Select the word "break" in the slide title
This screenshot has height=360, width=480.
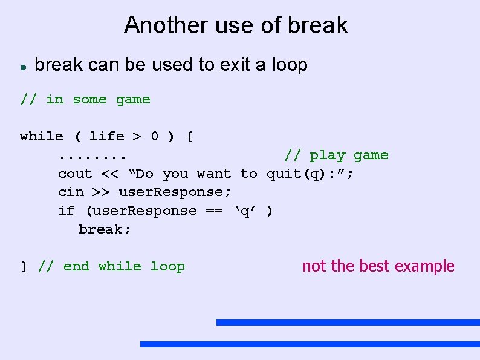(x=318, y=25)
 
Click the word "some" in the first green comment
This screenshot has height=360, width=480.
(x=89, y=100)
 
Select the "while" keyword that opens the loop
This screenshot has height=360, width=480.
(x=41, y=137)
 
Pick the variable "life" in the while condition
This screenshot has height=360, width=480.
(x=106, y=137)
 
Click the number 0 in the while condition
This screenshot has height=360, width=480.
(x=154, y=137)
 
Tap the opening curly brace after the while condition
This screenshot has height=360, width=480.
(x=190, y=137)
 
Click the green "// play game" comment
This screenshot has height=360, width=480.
(x=336, y=155)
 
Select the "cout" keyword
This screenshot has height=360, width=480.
(x=75, y=174)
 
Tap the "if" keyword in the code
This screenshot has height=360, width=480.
(x=66, y=211)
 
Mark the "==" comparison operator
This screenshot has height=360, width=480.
(x=215, y=211)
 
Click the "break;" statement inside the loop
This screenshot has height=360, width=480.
(x=105, y=230)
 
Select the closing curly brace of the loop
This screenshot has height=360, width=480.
(x=24, y=267)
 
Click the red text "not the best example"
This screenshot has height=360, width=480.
(x=378, y=266)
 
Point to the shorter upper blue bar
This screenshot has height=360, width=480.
(x=348, y=322)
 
